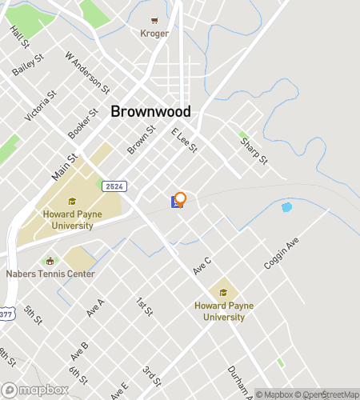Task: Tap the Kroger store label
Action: (x=154, y=34)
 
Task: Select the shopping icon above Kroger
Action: (x=154, y=22)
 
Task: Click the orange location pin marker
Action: (x=181, y=199)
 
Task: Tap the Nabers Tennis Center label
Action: (x=50, y=274)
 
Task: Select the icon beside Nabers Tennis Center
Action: (x=50, y=262)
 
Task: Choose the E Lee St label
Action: (x=184, y=139)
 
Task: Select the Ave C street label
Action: (x=202, y=266)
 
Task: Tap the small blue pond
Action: (x=286, y=207)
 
